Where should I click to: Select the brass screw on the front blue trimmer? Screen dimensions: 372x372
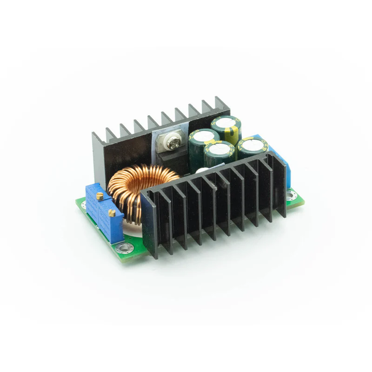coord(112,213)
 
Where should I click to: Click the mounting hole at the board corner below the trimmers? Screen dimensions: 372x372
coord(125,249)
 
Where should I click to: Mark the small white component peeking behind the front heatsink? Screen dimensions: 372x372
coord(199,171)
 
